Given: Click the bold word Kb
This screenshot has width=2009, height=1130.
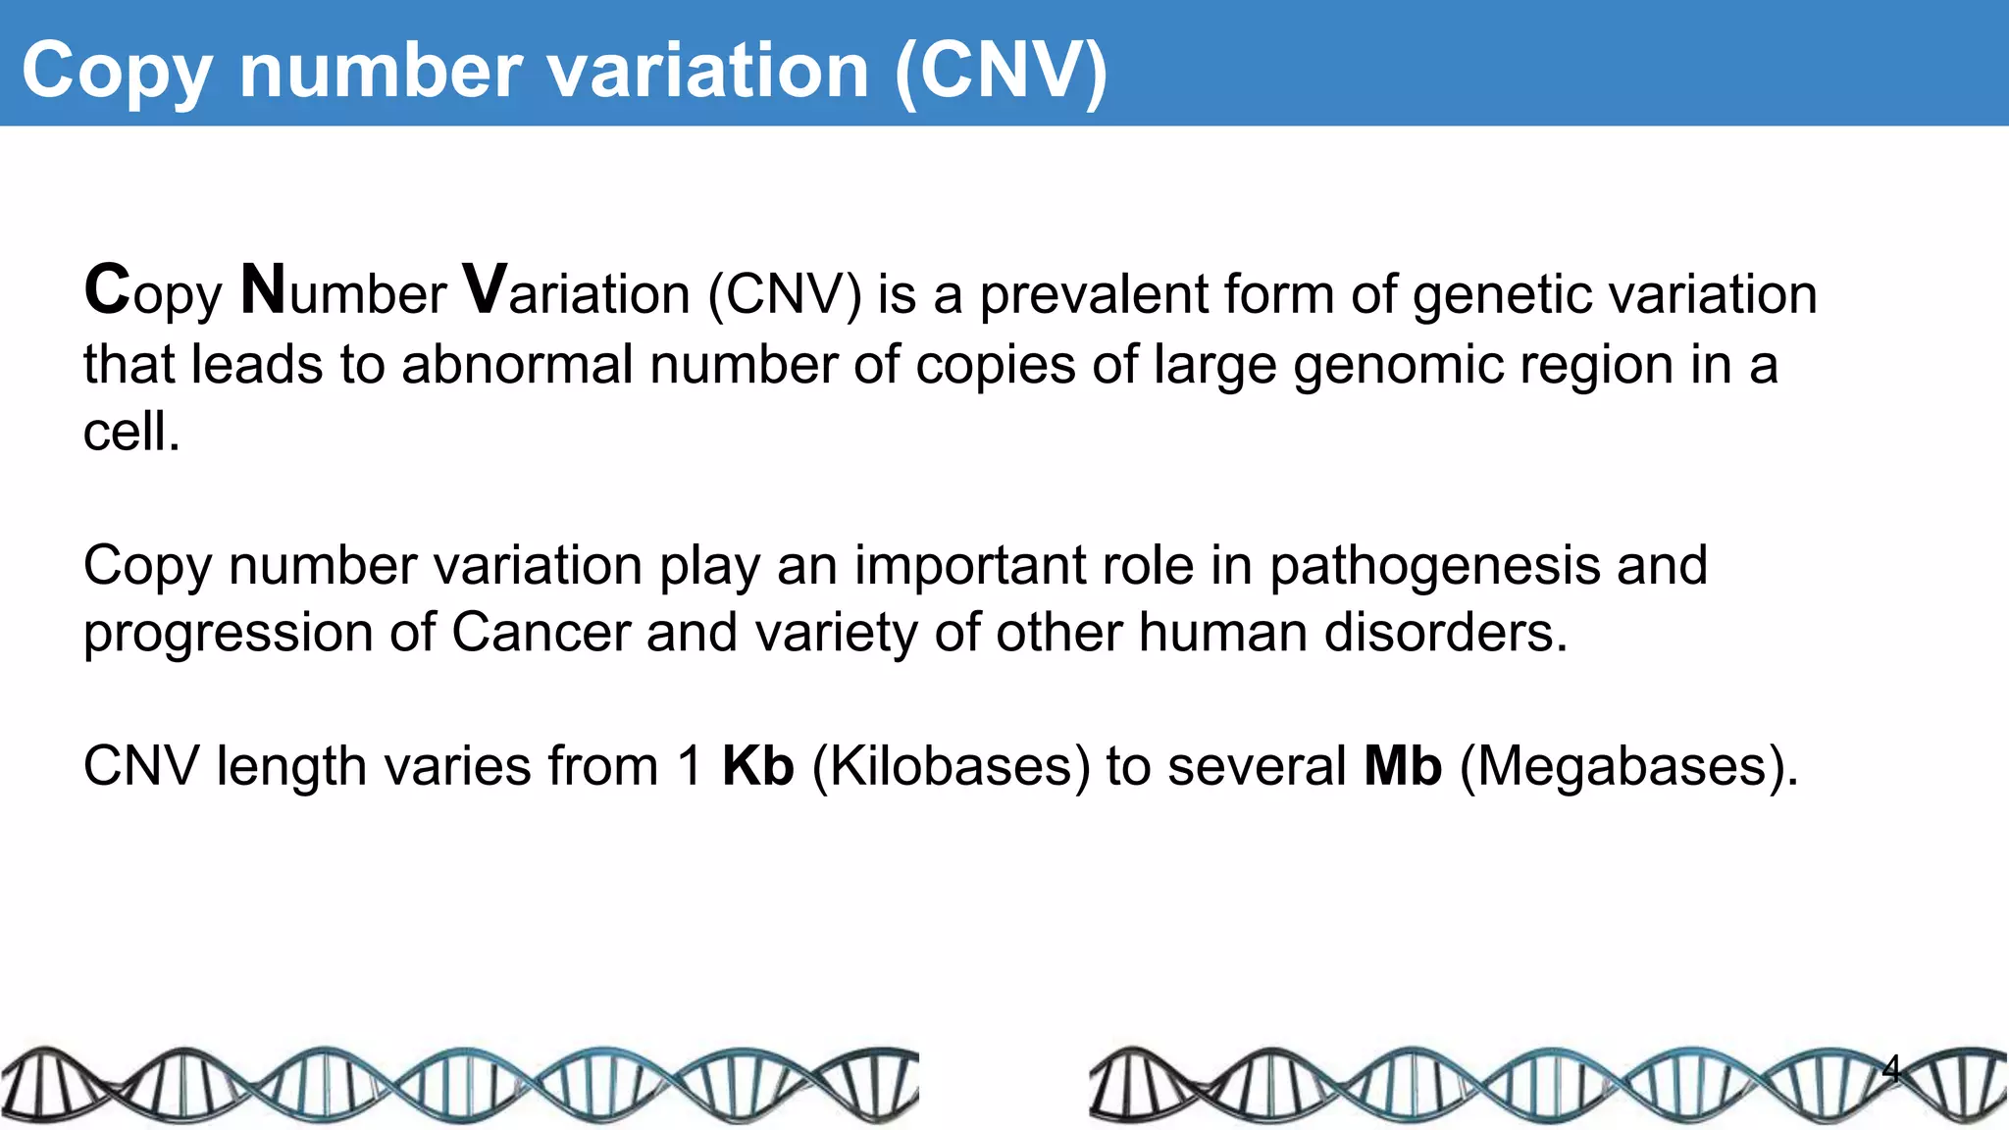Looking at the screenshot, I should (x=757, y=766).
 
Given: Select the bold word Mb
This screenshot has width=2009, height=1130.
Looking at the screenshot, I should (x=1403, y=766).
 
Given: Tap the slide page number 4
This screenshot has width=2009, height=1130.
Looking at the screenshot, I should (x=1891, y=1068).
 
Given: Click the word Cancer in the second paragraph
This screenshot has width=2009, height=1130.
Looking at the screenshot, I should (x=541, y=632).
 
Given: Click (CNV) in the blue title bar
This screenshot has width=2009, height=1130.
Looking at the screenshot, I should (x=1001, y=71).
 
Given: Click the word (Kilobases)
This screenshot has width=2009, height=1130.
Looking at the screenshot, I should (x=951, y=767).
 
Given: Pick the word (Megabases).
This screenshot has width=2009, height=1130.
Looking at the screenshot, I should (x=1628, y=767).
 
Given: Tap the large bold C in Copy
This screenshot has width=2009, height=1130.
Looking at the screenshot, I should (x=107, y=290).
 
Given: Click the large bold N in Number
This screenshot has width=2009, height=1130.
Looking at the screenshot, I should (x=263, y=290).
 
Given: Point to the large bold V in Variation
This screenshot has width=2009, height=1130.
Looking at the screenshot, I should (x=485, y=290).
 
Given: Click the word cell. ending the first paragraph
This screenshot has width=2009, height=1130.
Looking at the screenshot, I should (x=131, y=432).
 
